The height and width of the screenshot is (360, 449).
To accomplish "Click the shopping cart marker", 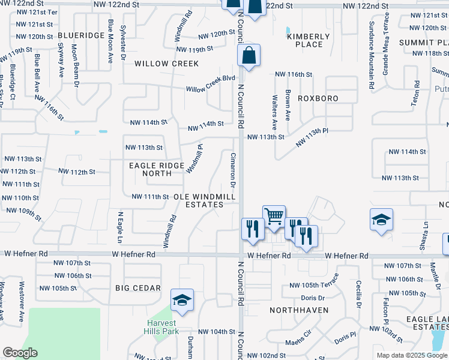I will (x=274, y=215).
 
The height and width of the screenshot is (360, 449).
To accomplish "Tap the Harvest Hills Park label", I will (x=163, y=326).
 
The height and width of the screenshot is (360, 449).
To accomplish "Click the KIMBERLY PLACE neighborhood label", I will (x=309, y=40).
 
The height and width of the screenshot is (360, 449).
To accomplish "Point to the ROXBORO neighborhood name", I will (x=318, y=98).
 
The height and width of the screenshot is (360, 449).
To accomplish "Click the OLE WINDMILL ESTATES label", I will (x=199, y=200).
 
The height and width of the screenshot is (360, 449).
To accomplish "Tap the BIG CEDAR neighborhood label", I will (x=138, y=288).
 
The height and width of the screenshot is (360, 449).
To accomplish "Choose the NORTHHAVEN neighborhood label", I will (x=299, y=310).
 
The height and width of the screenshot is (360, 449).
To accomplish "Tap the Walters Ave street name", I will (x=274, y=112).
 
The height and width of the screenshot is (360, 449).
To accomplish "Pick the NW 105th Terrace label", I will (x=314, y=285).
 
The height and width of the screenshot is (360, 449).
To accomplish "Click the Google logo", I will (x=20, y=353).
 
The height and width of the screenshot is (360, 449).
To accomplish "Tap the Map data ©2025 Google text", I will (x=411, y=355).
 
